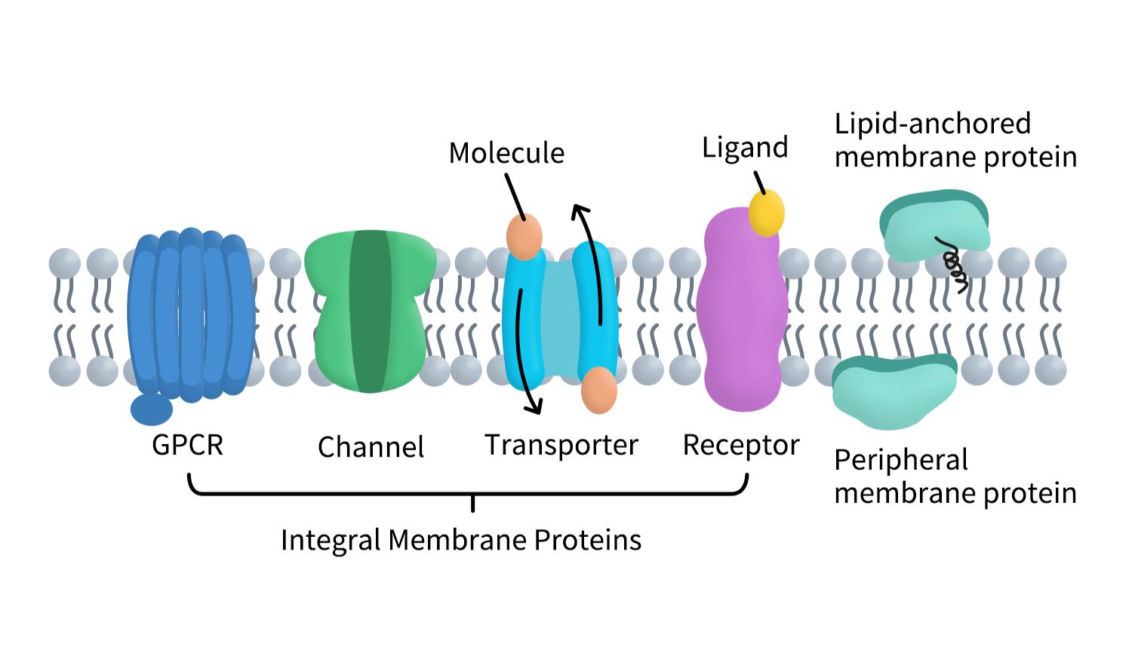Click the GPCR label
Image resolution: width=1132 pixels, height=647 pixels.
pyautogui.click(x=187, y=445)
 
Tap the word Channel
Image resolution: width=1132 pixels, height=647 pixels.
pyautogui.click(x=371, y=447)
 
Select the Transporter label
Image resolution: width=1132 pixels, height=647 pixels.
pyautogui.click(x=561, y=445)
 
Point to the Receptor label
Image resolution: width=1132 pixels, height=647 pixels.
pyautogui.click(x=740, y=445)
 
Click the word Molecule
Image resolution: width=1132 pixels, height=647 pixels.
pyautogui.click(x=506, y=153)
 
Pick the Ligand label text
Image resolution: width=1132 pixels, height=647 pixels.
pyautogui.click(x=745, y=148)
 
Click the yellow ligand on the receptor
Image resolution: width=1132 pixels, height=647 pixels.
pyautogui.click(x=766, y=213)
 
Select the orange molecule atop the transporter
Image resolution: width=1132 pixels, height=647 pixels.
pyautogui.click(x=524, y=236)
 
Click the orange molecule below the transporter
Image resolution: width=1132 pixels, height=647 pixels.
pyautogui.click(x=599, y=390)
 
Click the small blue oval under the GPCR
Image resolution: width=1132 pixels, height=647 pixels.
pyautogui.click(x=152, y=409)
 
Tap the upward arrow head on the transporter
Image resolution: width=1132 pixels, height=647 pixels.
pyautogui.click(x=579, y=210)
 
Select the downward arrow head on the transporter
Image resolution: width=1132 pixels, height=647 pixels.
pyautogui.click(x=534, y=408)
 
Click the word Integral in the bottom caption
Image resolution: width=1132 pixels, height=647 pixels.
pyautogui.click(x=331, y=540)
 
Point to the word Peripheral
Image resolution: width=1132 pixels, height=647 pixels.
pyautogui.click(x=901, y=460)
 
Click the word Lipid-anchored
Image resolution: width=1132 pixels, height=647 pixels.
pyautogui.click(x=932, y=124)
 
